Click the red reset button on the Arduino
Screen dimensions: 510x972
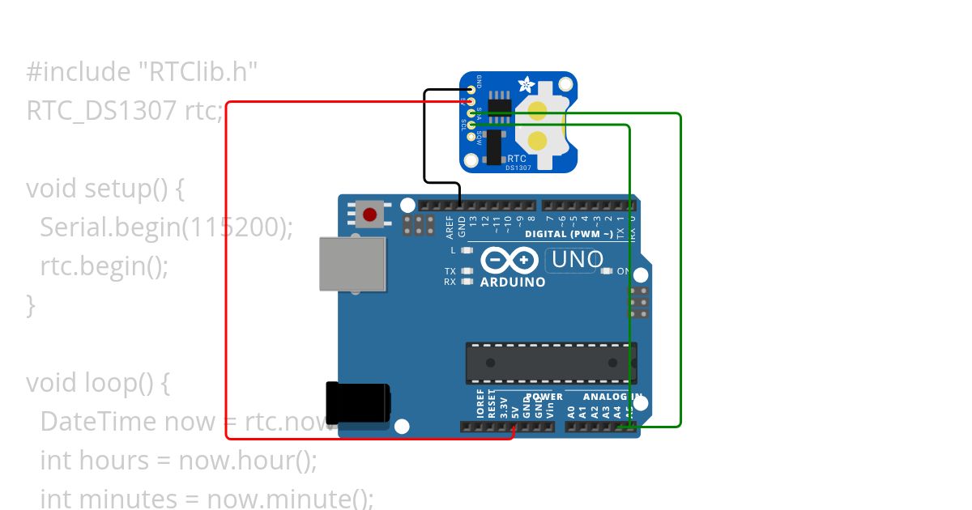370,215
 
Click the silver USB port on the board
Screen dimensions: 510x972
352,264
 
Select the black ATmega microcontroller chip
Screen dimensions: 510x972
551,362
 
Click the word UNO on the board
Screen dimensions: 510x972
578,260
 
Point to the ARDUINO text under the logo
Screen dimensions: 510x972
513,283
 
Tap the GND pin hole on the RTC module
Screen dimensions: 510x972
471,91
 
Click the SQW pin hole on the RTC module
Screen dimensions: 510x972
471,137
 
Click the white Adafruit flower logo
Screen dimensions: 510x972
526,85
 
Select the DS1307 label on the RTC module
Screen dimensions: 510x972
518,168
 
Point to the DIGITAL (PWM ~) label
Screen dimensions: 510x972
569,234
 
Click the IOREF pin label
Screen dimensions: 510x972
480,405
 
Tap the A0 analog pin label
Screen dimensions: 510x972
571,410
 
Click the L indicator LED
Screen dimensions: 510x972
466,250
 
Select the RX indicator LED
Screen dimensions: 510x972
466,282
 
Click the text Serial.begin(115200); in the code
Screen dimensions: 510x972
166,227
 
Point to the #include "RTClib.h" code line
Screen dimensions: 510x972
142,72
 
